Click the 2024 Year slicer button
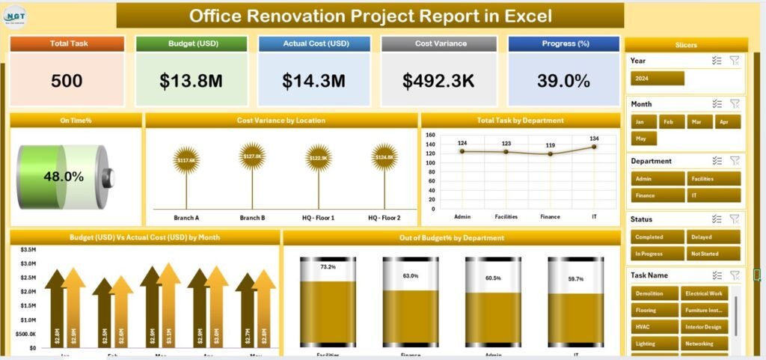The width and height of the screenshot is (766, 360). tap(658, 78)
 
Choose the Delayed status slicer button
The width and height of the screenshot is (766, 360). tap(714, 236)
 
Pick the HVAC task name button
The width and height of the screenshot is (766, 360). tap(655, 326)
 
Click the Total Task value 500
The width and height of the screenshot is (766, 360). tap(67, 81)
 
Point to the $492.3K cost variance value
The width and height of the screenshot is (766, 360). tap(439, 81)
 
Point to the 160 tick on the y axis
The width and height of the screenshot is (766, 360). tap(430, 135)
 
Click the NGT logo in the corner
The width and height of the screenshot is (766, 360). tap(15, 16)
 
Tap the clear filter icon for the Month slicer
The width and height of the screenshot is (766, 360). tap(735, 104)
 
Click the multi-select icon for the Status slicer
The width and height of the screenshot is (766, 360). tap(717, 219)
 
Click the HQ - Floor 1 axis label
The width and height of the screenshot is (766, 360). tap(319, 218)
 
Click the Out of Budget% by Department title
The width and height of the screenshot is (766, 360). tap(452, 238)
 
